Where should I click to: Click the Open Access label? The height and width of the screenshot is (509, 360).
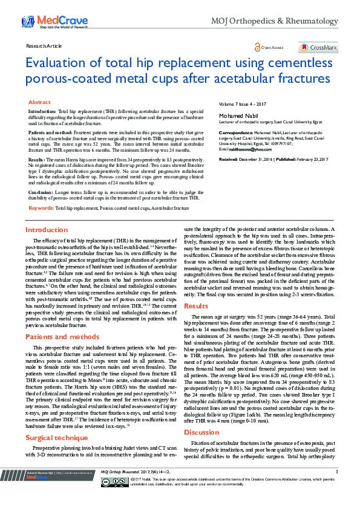[272, 47]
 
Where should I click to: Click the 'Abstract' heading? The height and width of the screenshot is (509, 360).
[39, 103]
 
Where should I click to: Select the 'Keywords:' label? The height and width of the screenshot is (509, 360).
[41, 207]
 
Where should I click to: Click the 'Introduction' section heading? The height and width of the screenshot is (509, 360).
[47, 230]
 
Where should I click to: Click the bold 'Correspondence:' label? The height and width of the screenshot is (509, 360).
[235, 132]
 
